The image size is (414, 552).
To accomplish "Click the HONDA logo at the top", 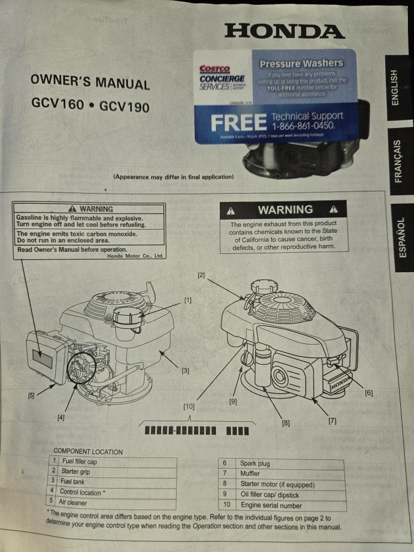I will pyautogui.click(x=284, y=30).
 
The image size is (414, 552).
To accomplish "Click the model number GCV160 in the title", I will pyautogui.click(x=61, y=103).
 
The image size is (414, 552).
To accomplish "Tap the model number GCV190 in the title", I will pyautogui.click(x=125, y=105).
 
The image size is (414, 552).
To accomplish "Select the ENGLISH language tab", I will pyautogui.click(x=394, y=87).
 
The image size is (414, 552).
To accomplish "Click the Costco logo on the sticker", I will pyautogui.click(x=214, y=69).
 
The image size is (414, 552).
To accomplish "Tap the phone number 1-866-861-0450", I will pyautogui.click(x=307, y=126).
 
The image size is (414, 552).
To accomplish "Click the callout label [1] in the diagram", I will pyautogui.click(x=188, y=300).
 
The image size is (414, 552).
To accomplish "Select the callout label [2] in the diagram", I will pyautogui.click(x=201, y=274).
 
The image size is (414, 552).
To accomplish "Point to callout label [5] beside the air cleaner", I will pyautogui.click(x=32, y=395).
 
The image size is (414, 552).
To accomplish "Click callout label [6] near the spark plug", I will pyautogui.click(x=368, y=393).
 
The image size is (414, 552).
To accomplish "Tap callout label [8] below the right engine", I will pyautogui.click(x=285, y=423).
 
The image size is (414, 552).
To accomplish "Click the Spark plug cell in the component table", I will pyautogui.click(x=255, y=463).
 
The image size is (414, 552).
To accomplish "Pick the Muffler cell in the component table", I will pyautogui.click(x=251, y=474).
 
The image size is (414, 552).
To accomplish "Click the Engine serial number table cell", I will pyautogui.click(x=271, y=505).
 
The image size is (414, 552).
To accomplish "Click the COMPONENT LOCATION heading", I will pyautogui.click(x=88, y=451).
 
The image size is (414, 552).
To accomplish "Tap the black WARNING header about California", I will pyautogui.click(x=284, y=210).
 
